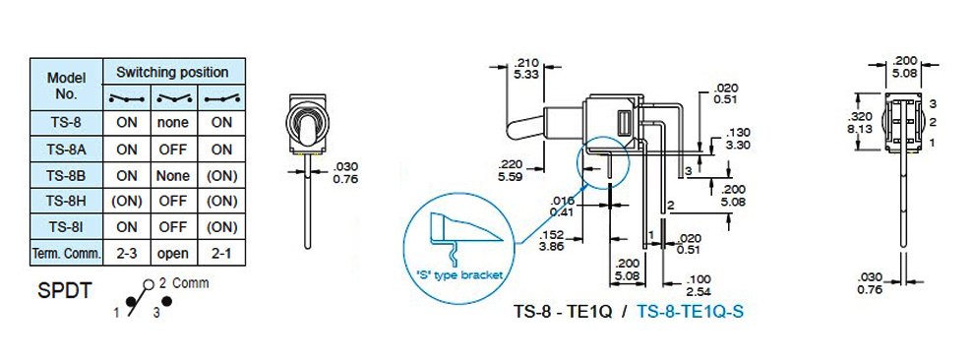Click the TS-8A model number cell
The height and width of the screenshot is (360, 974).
pyautogui.click(x=67, y=150)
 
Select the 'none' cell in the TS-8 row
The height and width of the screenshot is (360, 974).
pyautogui.click(x=174, y=123)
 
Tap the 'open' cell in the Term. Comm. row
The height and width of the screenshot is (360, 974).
pyautogui.click(x=174, y=253)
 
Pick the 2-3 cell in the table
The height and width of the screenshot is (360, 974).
pyautogui.click(x=127, y=253)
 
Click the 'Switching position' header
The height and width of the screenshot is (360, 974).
pyautogui.click(x=173, y=72)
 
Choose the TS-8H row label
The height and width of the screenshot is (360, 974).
pyautogui.click(x=67, y=202)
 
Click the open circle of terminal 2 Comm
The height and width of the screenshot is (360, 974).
pyautogui.click(x=148, y=285)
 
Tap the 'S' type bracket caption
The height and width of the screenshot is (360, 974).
pyautogui.click(x=458, y=275)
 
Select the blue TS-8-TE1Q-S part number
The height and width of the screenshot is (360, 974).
pyautogui.click(x=690, y=311)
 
